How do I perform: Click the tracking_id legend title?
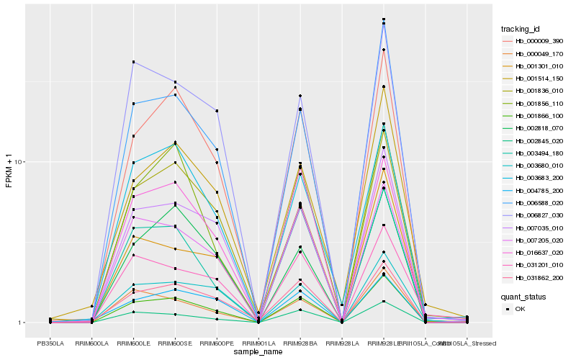[521, 29]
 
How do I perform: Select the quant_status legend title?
[523, 297]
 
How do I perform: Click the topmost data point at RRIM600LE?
[134, 62]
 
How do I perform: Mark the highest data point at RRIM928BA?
[300, 96]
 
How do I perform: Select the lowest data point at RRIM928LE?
[384, 301]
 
